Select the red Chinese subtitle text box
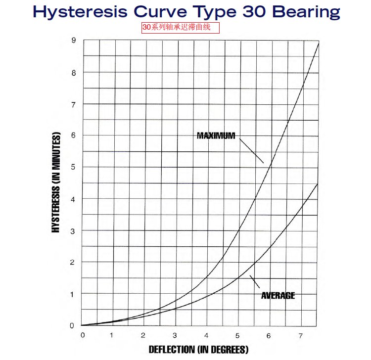click(181, 27)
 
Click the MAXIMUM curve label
click(216, 135)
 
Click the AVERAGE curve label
click(278, 295)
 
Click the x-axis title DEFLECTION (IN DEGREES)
click(198, 350)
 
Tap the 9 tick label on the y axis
click(73, 41)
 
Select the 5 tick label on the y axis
click(72, 167)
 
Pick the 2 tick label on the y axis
click(72, 262)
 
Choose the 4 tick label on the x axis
click(206, 336)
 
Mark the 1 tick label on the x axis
click(112, 336)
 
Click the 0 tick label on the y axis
click(72, 325)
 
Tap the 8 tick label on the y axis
click(72, 72)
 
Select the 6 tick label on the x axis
click(269, 336)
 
